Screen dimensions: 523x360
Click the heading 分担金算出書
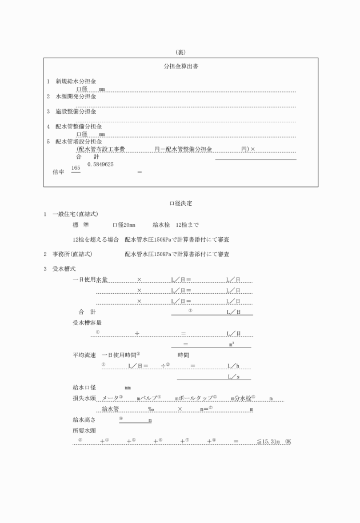[x=181, y=66]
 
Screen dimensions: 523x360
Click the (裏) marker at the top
[x=181, y=52]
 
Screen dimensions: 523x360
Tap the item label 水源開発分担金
[x=75, y=97]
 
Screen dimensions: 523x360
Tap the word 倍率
[x=58, y=171]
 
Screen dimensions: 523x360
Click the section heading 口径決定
[x=180, y=202]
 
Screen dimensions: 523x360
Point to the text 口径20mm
[x=123, y=225]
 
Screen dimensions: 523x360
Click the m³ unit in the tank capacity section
[x=231, y=345]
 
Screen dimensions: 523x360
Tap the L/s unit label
[x=233, y=377]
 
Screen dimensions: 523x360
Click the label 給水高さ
[x=80, y=420]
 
